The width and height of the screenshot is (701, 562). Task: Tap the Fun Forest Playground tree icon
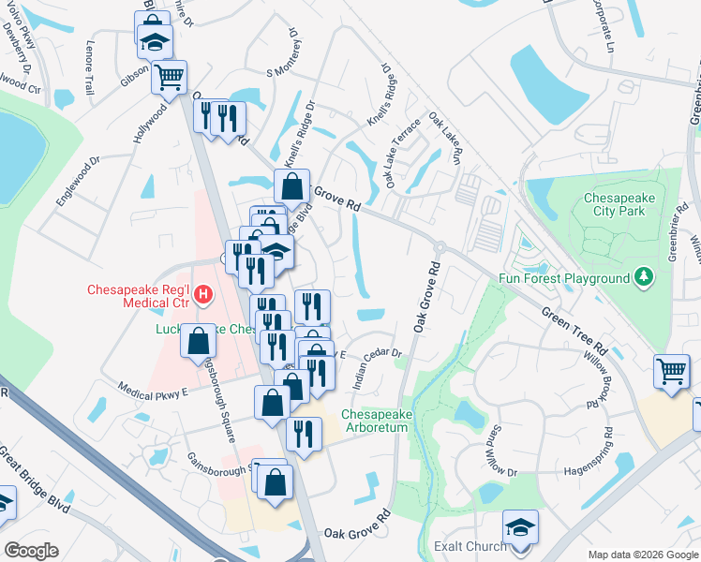(x=643, y=277)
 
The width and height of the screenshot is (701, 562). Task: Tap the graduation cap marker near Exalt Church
(x=520, y=528)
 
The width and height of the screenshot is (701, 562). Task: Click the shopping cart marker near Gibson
(x=169, y=77)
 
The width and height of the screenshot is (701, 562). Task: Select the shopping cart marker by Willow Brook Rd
(x=672, y=372)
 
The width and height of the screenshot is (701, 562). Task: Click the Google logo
(x=31, y=551)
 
